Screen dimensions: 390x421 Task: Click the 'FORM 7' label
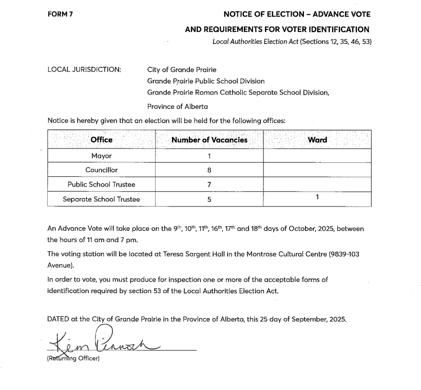click(60, 14)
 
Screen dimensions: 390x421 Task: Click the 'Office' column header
click(101, 140)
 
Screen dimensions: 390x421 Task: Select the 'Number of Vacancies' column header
click(209, 140)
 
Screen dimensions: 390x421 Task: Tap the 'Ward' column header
click(317, 140)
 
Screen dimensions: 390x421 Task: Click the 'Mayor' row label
click(101, 156)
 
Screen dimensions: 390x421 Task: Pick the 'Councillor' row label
click(101, 170)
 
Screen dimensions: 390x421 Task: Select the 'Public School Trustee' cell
click(101, 184)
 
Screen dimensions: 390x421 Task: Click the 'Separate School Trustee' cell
click(101, 199)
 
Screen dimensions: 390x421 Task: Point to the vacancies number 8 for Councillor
click(209, 171)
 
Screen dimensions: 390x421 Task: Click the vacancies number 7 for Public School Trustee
click(209, 185)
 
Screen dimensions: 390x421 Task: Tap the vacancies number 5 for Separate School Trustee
click(209, 200)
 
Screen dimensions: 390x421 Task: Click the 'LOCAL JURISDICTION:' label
click(84, 69)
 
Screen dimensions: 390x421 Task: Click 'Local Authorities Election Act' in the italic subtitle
click(255, 42)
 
